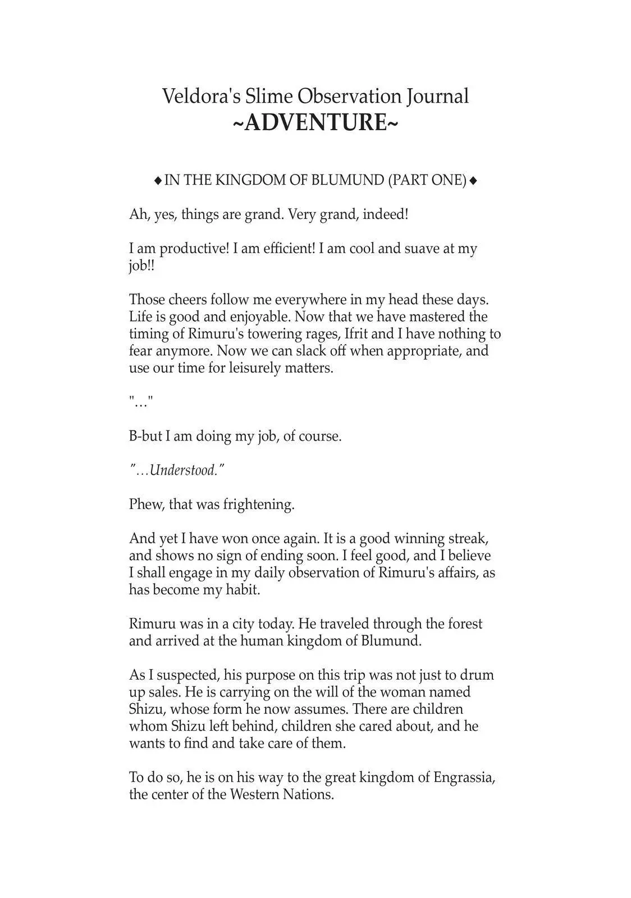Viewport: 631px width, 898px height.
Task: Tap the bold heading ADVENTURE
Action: coord(315,122)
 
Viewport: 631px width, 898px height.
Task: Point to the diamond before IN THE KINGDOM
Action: coord(158,181)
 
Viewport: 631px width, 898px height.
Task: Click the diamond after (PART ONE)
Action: coord(473,181)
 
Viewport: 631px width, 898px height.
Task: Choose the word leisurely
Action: coord(245,368)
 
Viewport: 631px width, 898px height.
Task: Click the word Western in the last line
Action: coord(254,795)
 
